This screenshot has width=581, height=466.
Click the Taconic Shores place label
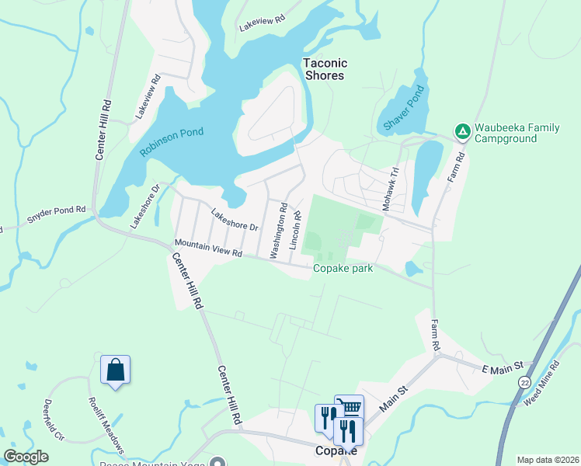coord(325,70)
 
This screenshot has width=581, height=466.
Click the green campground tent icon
coord(462,131)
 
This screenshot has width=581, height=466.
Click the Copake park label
coord(343,269)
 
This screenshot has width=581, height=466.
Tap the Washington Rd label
coord(278,231)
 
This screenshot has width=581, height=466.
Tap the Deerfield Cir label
coord(49,417)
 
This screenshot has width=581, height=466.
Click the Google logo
coord(26,457)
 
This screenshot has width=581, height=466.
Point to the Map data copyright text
coord(547,460)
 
